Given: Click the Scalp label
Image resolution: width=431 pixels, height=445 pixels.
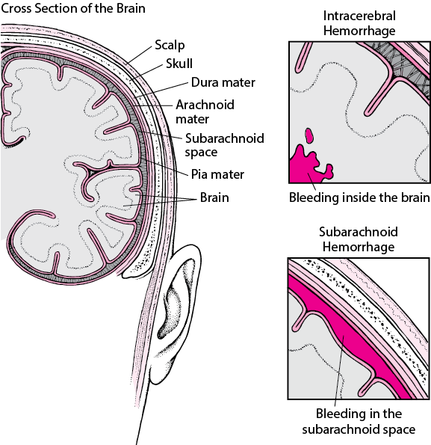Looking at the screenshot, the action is [x=170, y=46].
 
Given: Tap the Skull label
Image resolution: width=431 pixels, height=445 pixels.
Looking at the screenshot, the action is [x=179, y=64].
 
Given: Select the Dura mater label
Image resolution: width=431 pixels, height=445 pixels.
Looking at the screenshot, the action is [x=223, y=82].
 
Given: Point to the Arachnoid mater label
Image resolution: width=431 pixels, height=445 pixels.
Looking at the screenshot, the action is [x=205, y=112].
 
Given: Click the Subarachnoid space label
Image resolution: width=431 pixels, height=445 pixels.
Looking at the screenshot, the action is [x=224, y=145].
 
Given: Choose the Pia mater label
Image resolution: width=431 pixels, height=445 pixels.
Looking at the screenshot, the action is [x=217, y=174].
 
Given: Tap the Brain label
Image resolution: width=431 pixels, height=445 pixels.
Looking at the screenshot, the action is [x=214, y=197].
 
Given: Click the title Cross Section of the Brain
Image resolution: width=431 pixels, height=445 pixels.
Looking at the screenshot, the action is [x=73, y=8].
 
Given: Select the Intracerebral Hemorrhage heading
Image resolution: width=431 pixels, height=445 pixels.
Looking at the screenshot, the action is [x=359, y=23].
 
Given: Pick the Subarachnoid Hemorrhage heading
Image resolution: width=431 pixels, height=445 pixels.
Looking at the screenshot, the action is [x=359, y=239].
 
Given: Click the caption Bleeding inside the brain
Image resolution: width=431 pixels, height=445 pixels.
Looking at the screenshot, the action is [x=359, y=197].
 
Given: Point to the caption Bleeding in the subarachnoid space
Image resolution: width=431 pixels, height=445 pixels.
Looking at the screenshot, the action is [x=359, y=422].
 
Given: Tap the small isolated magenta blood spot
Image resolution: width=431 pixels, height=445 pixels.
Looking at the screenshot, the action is [x=309, y=135].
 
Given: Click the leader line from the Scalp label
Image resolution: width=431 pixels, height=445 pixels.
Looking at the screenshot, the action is [x=140, y=55].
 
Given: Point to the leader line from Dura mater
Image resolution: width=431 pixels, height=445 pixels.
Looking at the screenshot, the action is [x=161, y=90].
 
